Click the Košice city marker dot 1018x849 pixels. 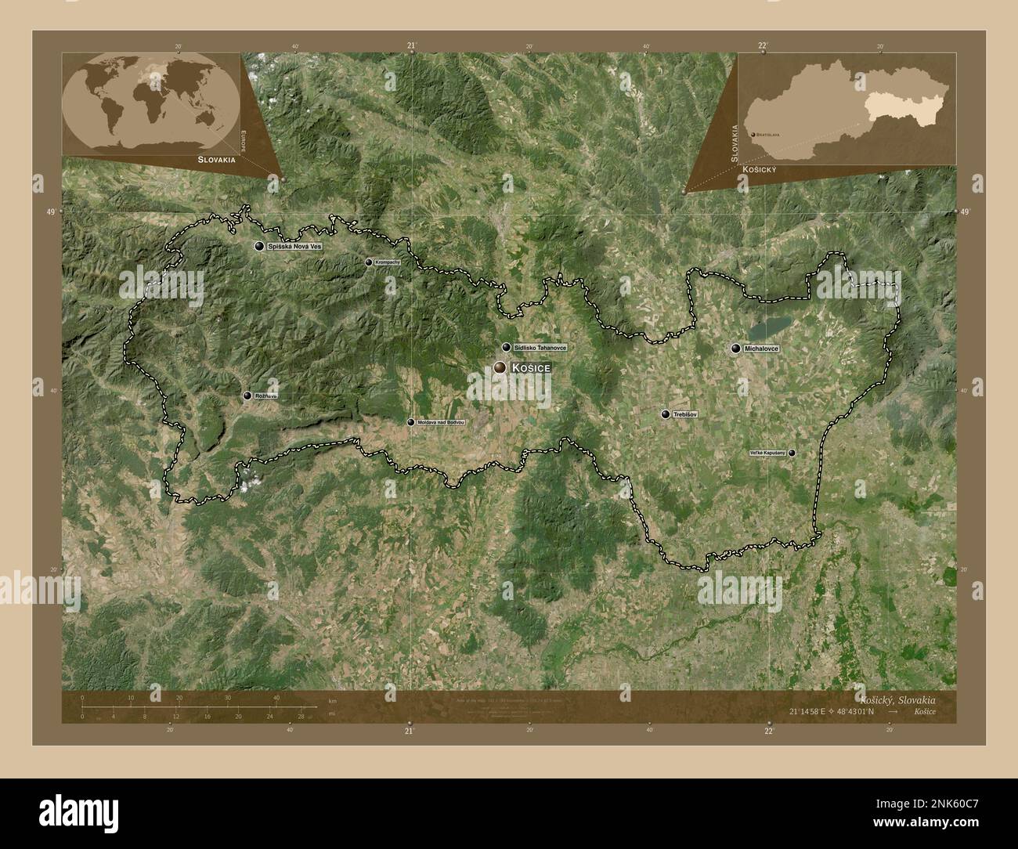[x=500, y=367]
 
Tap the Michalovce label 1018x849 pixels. [x=762, y=349]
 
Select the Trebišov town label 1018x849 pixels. [x=684, y=414]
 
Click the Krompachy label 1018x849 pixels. [x=387, y=262]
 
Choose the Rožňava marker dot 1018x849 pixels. [x=247, y=396]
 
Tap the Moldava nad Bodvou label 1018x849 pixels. [x=441, y=422]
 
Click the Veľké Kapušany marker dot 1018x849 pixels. [x=792, y=453]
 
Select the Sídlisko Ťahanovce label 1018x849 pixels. [x=540, y=347]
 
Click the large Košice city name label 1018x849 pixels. [x=531, y=367]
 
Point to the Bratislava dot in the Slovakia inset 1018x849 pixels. [x=753, y=135]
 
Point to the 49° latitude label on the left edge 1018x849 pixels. [x=52, y=212]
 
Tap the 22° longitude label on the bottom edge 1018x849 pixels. [x=769, y=731]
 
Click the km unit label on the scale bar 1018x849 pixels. [x=333, y=700]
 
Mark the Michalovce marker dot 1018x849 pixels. [x=736, y=349]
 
